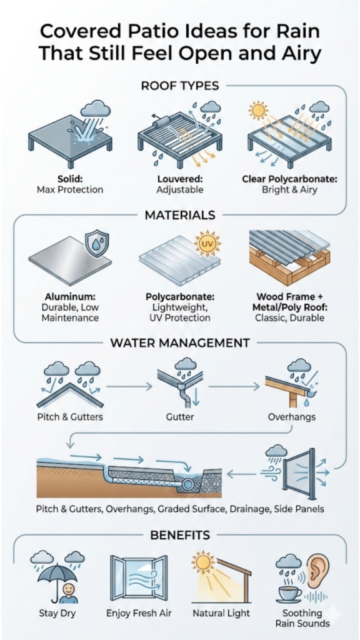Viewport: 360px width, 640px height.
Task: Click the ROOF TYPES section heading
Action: coord(180,86)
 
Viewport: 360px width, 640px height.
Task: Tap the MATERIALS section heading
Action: coord(180,214)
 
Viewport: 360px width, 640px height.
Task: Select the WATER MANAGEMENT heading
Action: coord(180,342)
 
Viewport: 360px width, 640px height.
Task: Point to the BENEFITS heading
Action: coord(180,534)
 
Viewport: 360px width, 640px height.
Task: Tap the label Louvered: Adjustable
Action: coord(180,184)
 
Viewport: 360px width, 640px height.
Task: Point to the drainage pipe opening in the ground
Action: coord(188,484)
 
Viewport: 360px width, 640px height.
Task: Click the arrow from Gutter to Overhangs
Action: coord(234,385)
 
